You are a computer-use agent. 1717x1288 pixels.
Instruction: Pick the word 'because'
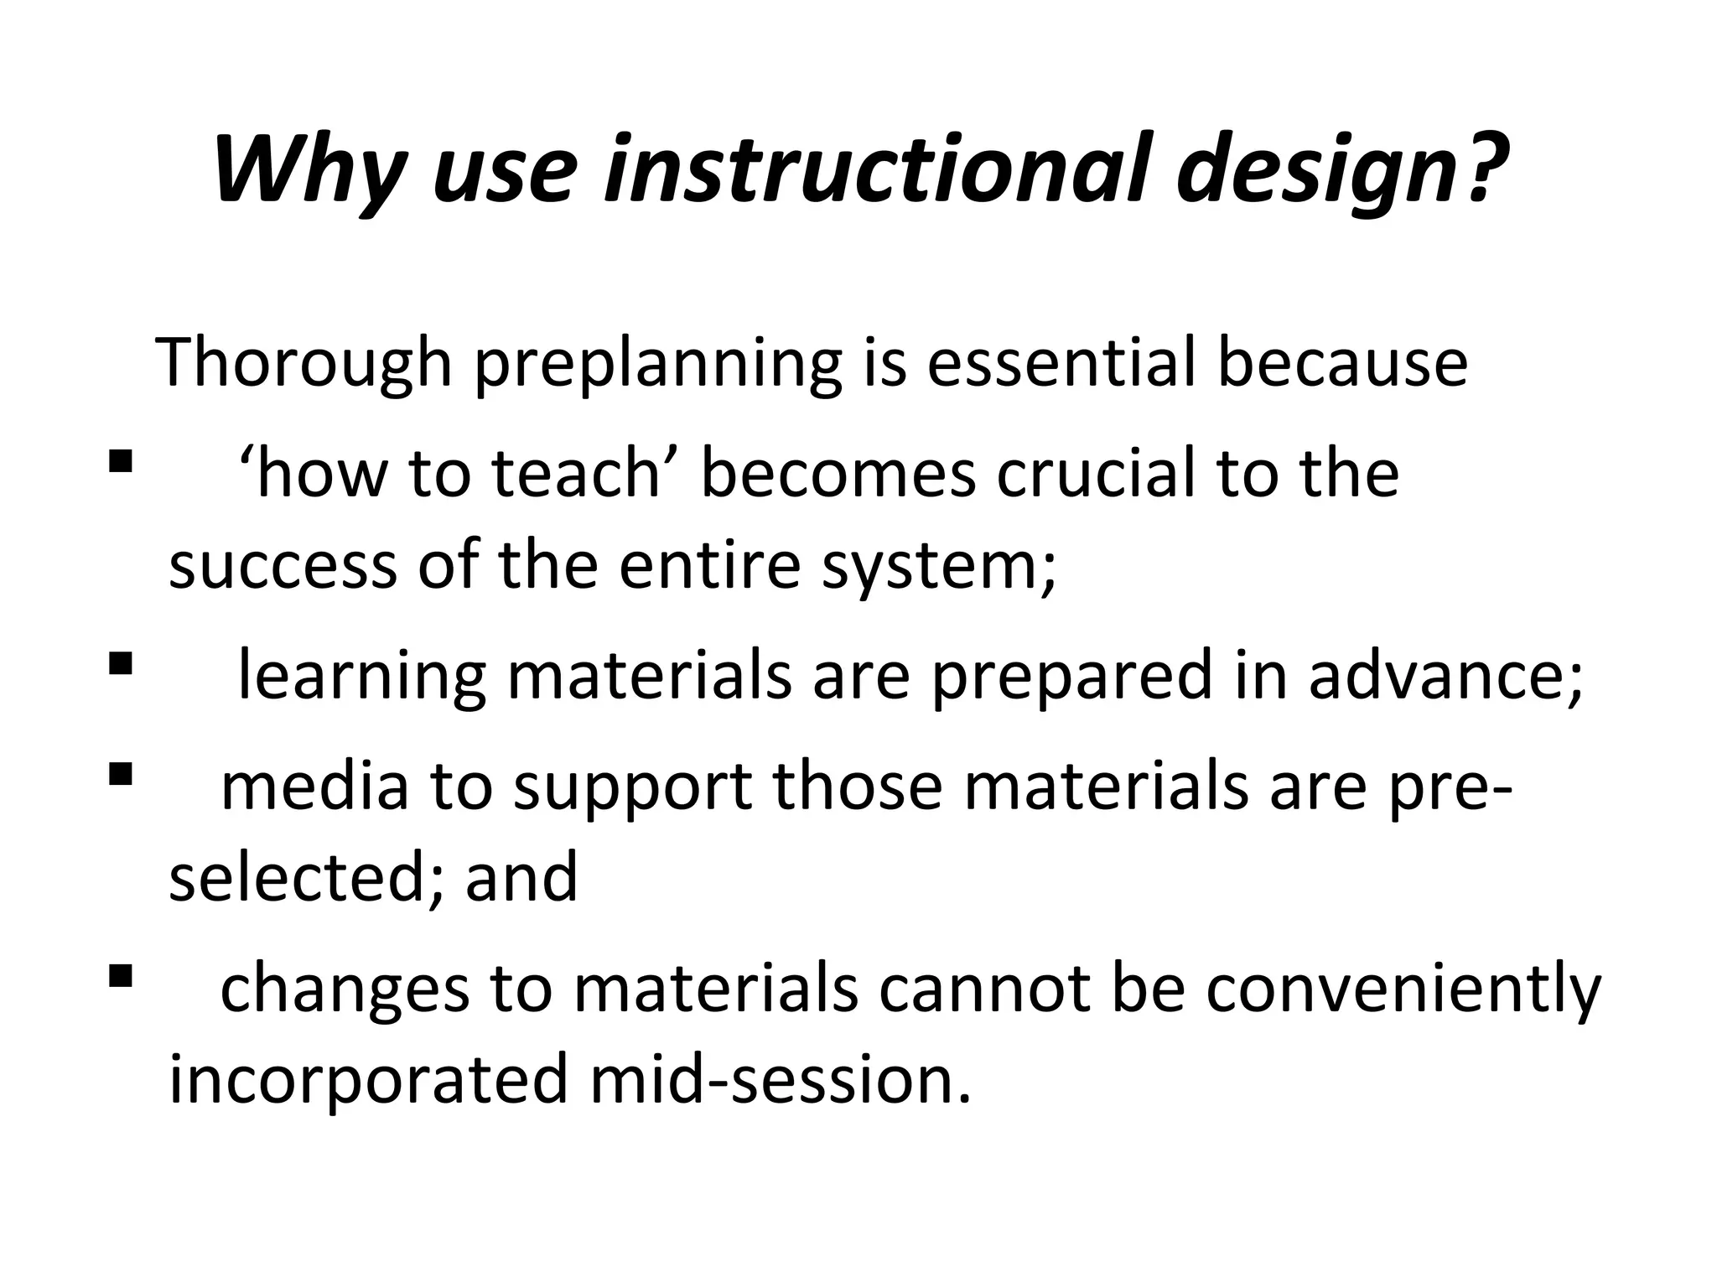click(1342, 362)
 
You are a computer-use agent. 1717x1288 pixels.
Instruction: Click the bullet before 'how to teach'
click(121, 461)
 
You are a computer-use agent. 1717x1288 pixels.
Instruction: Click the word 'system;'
click(939, 567)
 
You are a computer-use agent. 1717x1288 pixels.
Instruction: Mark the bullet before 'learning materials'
click(121, 664)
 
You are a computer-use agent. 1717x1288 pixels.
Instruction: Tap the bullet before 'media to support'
click(121, 772)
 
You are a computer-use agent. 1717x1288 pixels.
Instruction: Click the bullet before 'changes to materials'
click(121, 975)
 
